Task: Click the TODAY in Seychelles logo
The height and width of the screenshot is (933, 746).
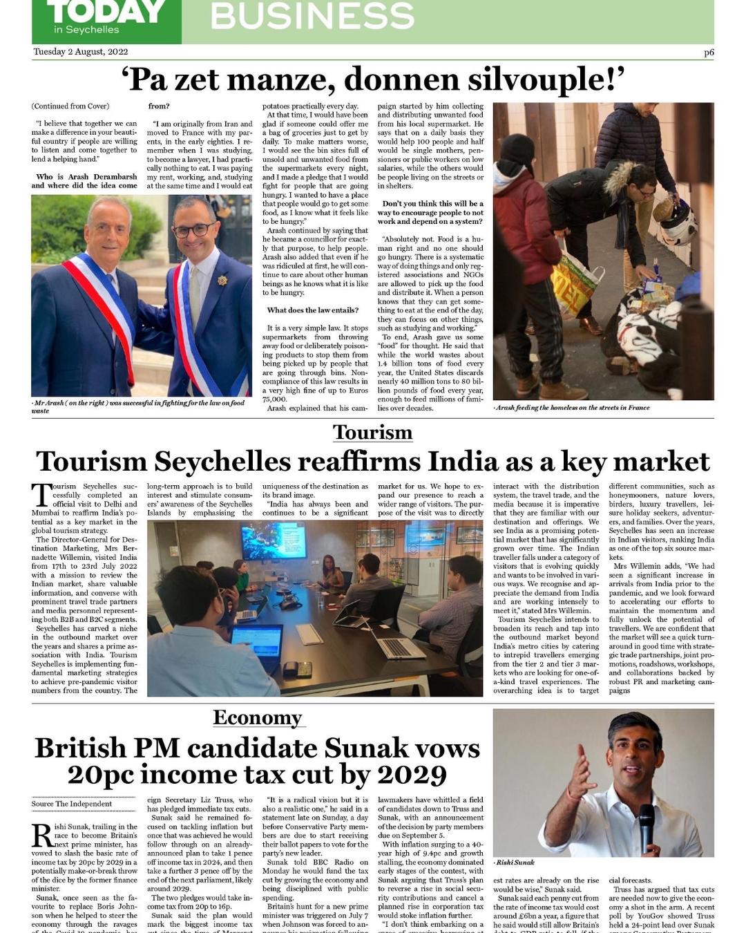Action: [106, 19]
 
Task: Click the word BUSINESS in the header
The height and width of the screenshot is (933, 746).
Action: [312, 16]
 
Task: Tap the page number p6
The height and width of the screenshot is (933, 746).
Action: [709, 52]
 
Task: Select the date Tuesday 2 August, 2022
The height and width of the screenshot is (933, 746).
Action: [81, 52]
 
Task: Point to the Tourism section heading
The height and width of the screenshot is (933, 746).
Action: [372, 433]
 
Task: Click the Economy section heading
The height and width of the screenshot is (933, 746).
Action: [258, 718]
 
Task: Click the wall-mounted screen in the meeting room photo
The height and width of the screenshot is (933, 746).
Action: [274, 540]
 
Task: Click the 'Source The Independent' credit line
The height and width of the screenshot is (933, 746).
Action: [72, 804]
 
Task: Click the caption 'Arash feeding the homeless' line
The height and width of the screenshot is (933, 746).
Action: [572, 408]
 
